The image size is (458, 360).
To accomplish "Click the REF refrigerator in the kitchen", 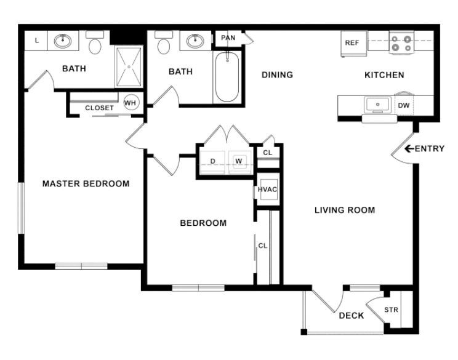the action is pos(353,43).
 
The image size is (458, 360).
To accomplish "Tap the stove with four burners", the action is pos(401,42).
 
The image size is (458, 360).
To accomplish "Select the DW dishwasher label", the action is pos(404,105).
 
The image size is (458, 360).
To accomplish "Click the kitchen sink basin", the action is pos(377,105).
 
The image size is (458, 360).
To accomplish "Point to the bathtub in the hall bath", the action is pos(227,77).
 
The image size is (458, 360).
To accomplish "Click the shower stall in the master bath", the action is pos(129,67).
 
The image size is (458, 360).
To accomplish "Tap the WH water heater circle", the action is pos(131,103).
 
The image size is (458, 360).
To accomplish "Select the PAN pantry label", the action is pos(228,38).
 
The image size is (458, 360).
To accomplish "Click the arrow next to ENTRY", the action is pos(409,148).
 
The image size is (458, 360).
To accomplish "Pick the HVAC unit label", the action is pos(267,190).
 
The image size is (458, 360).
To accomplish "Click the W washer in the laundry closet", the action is pos(239,161).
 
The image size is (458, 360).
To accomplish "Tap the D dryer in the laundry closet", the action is pos(212,162).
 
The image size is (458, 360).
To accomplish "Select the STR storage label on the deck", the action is pos(391,310).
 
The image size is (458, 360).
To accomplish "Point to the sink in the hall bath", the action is pos(195,41).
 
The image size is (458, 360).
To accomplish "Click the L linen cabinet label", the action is pos(37,40).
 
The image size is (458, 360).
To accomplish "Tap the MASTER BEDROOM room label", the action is pos(86,183).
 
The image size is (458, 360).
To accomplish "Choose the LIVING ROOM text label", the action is pos(345,210).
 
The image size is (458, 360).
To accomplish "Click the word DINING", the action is pos(277,74).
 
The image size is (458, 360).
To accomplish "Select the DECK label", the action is pos(352,316).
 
